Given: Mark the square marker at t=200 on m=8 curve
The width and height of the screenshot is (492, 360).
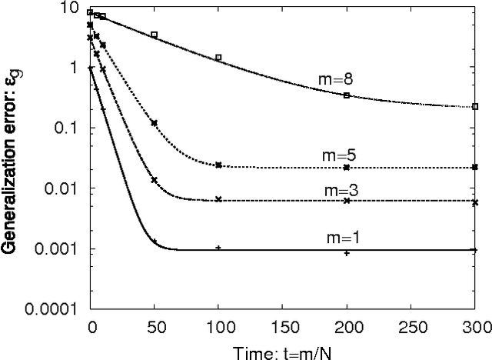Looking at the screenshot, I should coord(347,95).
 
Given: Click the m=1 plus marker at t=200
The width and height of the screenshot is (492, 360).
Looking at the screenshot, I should coord(347,252).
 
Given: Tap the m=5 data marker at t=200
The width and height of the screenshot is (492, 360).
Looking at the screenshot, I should coord(347,167).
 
